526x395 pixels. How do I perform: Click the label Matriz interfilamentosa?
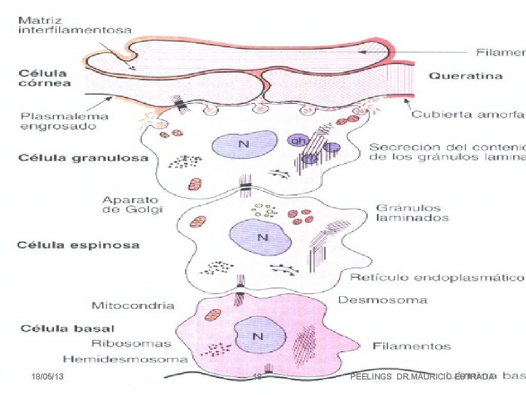click(74, 25)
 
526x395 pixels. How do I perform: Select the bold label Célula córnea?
click(45, 78)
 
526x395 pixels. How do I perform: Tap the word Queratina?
click(465, 76)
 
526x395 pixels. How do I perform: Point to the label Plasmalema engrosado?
click(65, 121)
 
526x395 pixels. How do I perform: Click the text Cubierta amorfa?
click(468, 114)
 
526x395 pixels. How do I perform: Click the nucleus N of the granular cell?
click(244, 145)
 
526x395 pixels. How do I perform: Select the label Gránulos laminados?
click(412, 213)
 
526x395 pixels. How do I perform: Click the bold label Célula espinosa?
click(78, 245)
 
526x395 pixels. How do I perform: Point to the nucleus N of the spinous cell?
click(262, 237)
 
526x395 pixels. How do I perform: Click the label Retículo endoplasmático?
click(437, 278)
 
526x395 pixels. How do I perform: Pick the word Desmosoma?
click(382, 299)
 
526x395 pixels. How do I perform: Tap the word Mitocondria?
click(133, 306)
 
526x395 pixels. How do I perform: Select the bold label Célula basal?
click(67, 328)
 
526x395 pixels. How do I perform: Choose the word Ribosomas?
click(131, 343)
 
